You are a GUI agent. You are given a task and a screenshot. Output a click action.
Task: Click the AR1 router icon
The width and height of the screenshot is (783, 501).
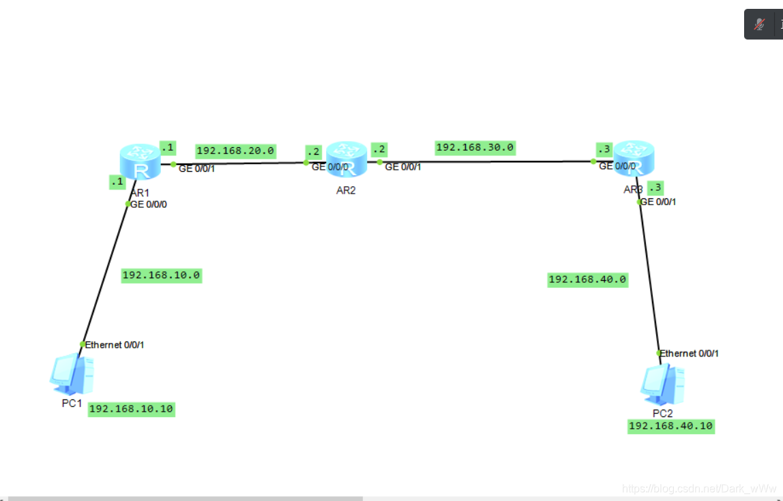tap(140, 162)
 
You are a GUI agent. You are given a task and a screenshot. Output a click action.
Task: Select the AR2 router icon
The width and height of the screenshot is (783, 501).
tap(346, 159)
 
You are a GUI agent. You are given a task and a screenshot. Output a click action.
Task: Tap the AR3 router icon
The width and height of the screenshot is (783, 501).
tap(633, 158)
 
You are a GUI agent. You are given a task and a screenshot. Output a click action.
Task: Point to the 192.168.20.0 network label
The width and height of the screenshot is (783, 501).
tap(235, 151)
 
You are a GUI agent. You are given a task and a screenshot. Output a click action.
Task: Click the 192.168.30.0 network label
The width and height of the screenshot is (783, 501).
tap(475, 147)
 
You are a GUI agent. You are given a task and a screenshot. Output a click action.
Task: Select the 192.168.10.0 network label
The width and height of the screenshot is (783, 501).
tap(161, 275)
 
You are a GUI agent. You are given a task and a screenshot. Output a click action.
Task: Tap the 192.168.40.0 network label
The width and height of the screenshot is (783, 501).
tap(587, 279)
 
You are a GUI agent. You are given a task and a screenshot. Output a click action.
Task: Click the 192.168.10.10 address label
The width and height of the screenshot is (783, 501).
tap(132, 409)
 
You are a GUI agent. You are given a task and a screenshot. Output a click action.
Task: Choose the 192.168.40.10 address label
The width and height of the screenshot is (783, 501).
tap(671, 426)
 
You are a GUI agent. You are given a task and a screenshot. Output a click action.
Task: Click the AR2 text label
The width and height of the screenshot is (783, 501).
tap(346, 191)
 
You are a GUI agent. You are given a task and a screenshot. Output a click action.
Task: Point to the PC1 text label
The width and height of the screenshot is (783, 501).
tap(72, 404)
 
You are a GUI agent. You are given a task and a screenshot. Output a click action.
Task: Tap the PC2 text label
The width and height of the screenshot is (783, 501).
tap(662, 414)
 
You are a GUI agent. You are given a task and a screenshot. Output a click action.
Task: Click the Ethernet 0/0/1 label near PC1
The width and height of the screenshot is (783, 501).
tap(115, 345)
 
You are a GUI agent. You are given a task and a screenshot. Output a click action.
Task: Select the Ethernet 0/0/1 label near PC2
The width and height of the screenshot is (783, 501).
tap(689, 353)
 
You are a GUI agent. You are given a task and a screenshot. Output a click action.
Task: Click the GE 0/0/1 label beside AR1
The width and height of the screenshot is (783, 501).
tap(197, 168)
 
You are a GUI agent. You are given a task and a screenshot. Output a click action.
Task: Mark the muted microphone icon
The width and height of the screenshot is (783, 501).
tap(759, 25)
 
